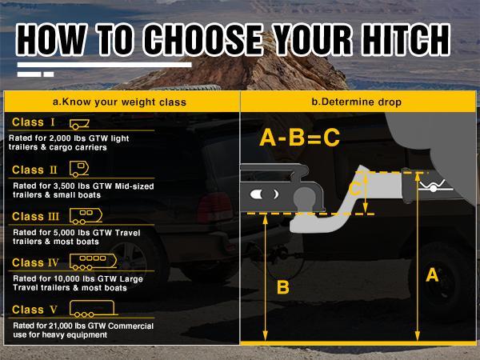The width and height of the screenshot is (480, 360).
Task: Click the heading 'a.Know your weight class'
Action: (x=119, y=102)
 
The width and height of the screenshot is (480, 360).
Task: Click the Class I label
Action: (x=34, y=123)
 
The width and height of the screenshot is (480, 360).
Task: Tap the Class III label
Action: (x=36, y=216)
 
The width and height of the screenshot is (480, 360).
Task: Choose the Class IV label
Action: (x=36, y=262)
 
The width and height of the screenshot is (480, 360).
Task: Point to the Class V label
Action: (x=34, y=310)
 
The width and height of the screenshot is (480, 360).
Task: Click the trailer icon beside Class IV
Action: (x=94, y=262)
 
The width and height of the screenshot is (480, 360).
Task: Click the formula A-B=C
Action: (x=300, y=138)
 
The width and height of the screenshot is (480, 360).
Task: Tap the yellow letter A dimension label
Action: (x=433, y=274)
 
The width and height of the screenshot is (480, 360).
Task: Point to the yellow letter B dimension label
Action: (x=282, y=287)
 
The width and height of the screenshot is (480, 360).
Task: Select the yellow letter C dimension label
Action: (x=355, y=190)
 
